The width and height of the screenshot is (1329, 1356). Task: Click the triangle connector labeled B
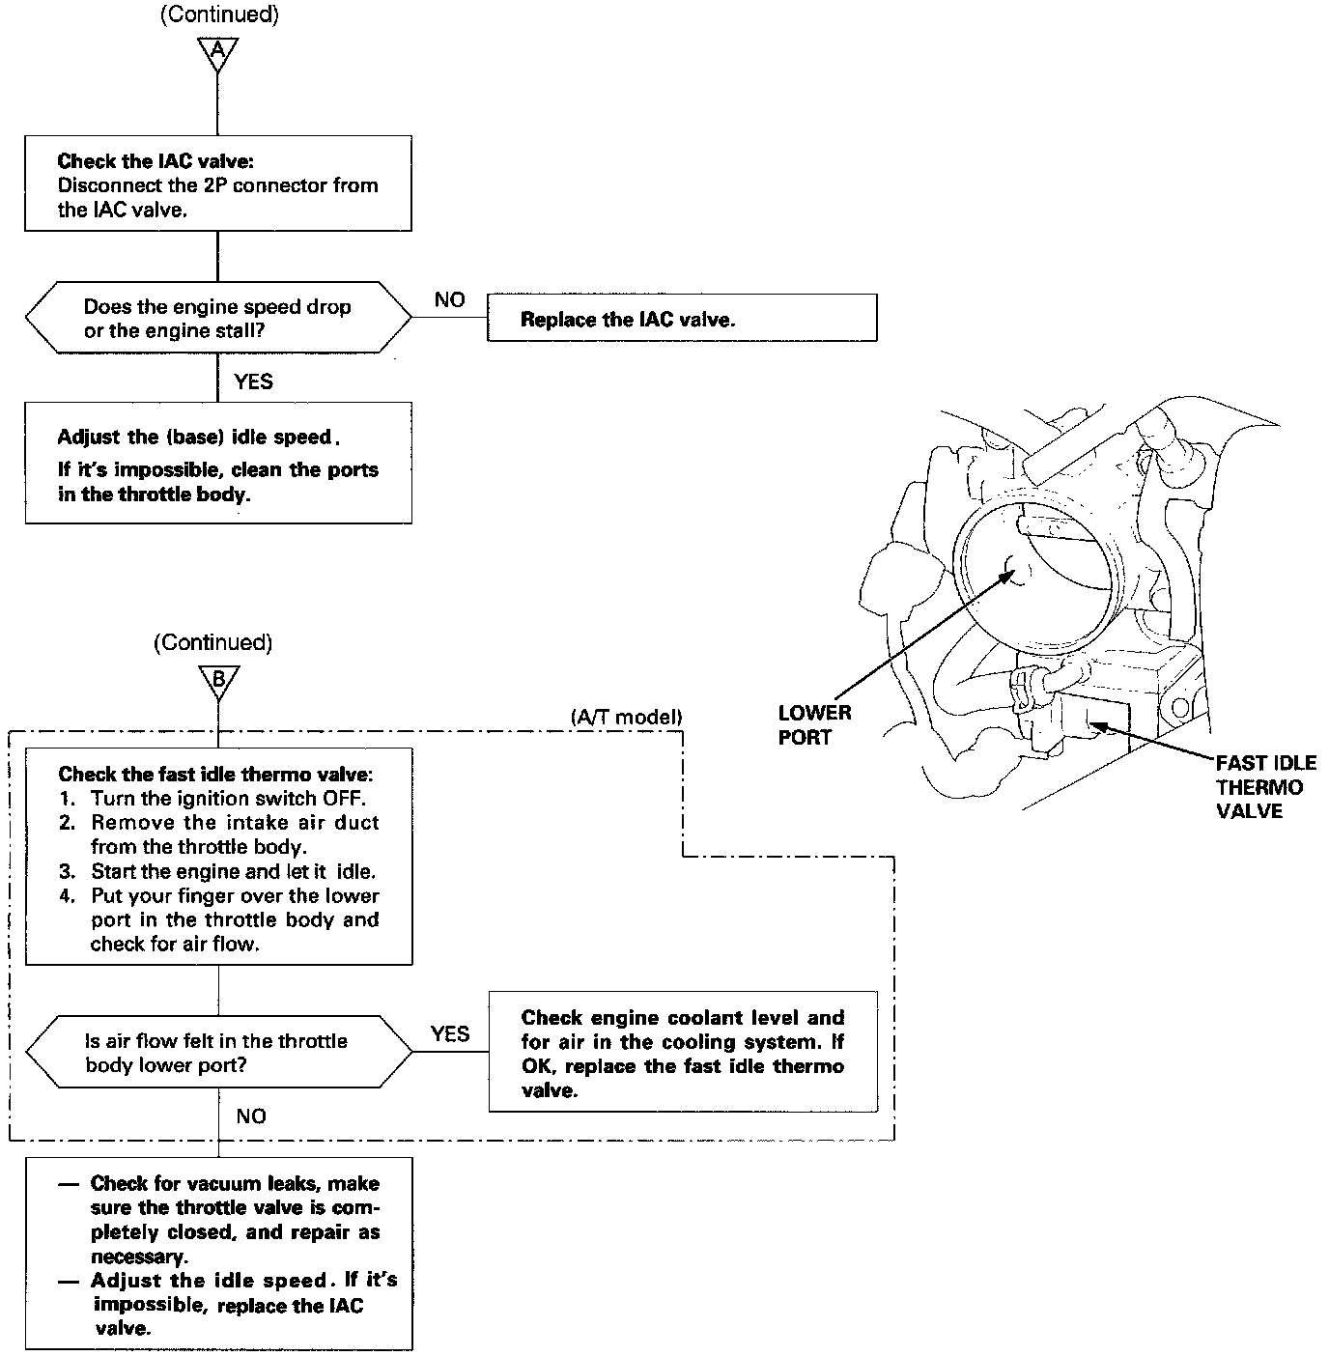pyautogui.click(x=218, y=681)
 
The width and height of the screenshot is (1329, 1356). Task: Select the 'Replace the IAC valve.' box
pyautogui.click(x=682, y=319)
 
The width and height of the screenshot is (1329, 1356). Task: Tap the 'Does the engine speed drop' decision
pyautogui.click(x=218, y=319)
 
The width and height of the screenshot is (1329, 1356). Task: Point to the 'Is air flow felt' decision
pyautogui.click(x=218, y=1053)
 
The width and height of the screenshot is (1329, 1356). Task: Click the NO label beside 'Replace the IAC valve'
pyautogui.click(x=449, y=300)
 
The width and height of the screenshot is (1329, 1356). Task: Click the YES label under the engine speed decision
pyautogui.click(x=253, y=381)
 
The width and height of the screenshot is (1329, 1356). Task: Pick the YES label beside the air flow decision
pyautogui.click(x=450, y=1034)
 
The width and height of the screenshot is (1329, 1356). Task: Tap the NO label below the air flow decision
pyautogui.click(x=251, y=1116)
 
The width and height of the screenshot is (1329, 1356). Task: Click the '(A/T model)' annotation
pyautogui.click(x=626, y=717)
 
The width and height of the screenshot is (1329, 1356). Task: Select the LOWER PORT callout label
pyautogui.click(x=814, y=725)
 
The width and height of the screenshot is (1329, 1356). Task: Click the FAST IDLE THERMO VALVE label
pyautogui.click(x=1265, y=787)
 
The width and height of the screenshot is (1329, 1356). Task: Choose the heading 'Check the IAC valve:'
pyautogui.click(x=156, y=161)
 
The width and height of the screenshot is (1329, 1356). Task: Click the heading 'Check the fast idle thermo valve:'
pyautogui.click(x=215, y=774)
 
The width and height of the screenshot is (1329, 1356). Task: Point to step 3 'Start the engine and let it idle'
pyautogui.click(x=232, y=871)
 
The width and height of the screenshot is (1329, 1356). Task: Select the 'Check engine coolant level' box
pyautogui.click(x=683, y=1053)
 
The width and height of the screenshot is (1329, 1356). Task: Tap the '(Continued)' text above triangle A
pyautogui.click(x=218, y=16)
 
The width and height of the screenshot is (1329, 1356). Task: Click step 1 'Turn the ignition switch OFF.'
pyautogui.click(x=228, y=798)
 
